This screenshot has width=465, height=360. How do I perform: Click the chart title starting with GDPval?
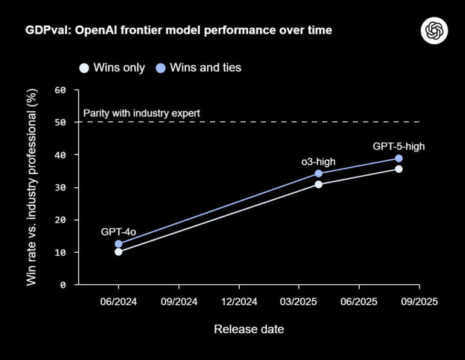pyautogui.click(x=178, y=30)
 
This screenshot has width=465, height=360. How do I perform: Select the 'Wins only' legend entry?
pyautogui.click(x=112, y=67)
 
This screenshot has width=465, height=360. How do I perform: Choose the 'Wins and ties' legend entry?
pyautogui.click(x=199, y=67)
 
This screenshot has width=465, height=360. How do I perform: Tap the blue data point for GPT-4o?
pyautogui.click(x=119, y=244)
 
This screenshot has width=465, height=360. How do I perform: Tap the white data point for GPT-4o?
pyautogui.click(x=119, y=252)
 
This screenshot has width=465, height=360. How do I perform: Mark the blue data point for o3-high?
pyautogui.click(x=318, y=173)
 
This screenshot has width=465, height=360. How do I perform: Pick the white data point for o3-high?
pyautogui.click(x=318, y=184)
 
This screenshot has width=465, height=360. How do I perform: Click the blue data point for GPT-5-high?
pyautogui.click(x=398, y=158)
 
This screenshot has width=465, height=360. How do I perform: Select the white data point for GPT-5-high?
pyautogui.click(x=398, y=169)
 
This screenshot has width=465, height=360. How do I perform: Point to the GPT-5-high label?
pyautogui.click(x=395, y=145)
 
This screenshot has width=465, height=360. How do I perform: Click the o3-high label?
pyautogui.click(x=318, y=161)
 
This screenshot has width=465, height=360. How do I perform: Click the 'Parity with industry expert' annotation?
pyautogui.click(x=141, y=113)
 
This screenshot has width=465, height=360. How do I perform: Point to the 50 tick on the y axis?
pyautogui.click(x=60, y=122)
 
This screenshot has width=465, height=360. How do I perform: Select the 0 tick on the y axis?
pyautogui.click(x=63, y=285)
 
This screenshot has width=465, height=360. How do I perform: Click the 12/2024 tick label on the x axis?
pyautogui.click(x=239, y=301)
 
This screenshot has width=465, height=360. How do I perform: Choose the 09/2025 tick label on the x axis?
pyautogui.click(x=420, y=301)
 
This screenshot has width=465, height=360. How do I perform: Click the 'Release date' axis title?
pyautogui.click(x=249, y=329)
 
